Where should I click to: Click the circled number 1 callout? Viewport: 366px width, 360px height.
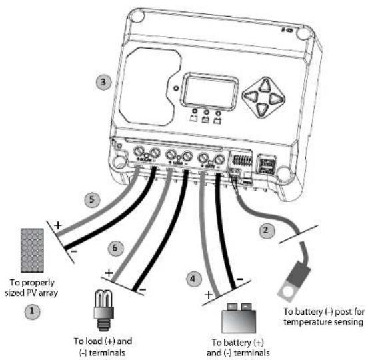29,310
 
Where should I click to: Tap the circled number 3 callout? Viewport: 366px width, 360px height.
101,82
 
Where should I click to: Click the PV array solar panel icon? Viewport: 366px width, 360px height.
32,249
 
